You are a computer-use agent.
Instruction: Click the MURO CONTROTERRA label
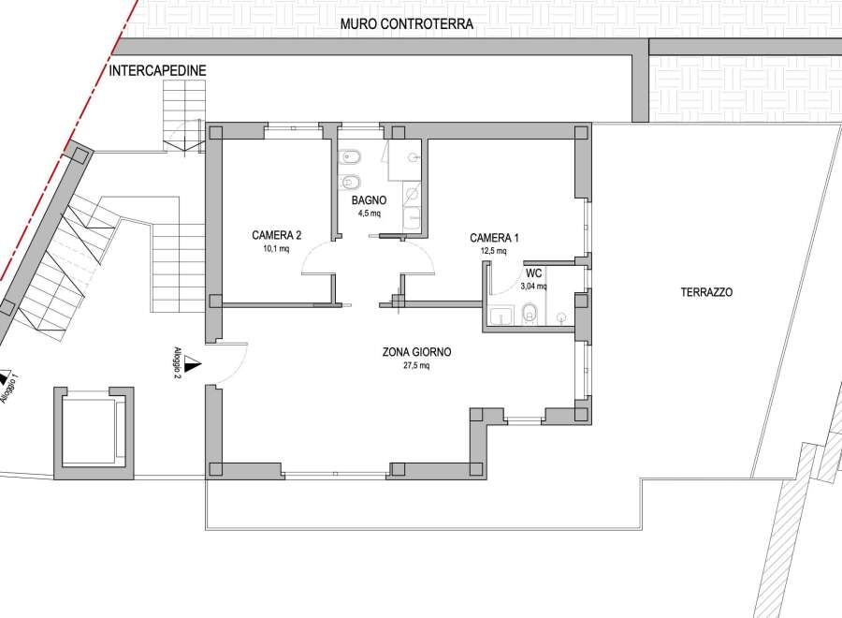click(407, 24)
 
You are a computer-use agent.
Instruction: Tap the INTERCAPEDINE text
click(157, 70)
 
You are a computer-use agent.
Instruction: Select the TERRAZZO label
click(706, 292)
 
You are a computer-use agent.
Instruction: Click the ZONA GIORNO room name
click(416, 352)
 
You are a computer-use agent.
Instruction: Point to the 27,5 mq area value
click(416, 366)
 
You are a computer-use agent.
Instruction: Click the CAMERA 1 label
click(494, 238)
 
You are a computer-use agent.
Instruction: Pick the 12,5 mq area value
click(494, 251)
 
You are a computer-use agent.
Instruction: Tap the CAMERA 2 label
click(276, 235)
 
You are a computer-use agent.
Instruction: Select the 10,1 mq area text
click(276, 248)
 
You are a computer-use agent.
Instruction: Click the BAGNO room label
click(369, 200)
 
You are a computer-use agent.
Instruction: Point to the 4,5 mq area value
click(369, 213)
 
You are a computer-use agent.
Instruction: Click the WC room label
click(533, 273)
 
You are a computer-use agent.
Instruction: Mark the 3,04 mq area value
click(533, 287)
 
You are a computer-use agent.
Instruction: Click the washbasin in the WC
click(501, 316)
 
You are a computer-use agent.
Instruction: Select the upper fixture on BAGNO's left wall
click(350, 157)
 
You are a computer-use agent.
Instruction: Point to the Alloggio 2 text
click(178, 363)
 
